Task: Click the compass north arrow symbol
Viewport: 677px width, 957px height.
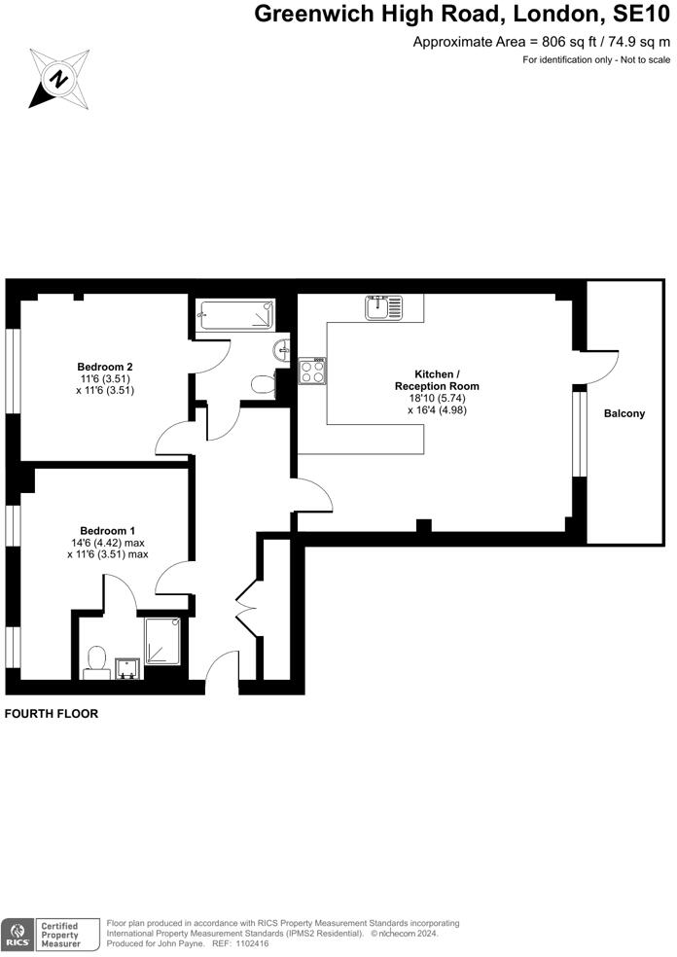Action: coord(59,76)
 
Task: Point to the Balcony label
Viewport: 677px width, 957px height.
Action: coord(624,413)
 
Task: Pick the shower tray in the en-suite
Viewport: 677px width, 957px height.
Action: coord(162,640)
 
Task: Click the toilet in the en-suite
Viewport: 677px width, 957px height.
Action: coord(96,660)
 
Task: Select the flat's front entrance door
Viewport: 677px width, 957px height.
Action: coord(223,670)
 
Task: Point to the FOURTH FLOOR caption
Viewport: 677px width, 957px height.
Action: coord(52,713)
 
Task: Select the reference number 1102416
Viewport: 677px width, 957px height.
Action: coord(246,943)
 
